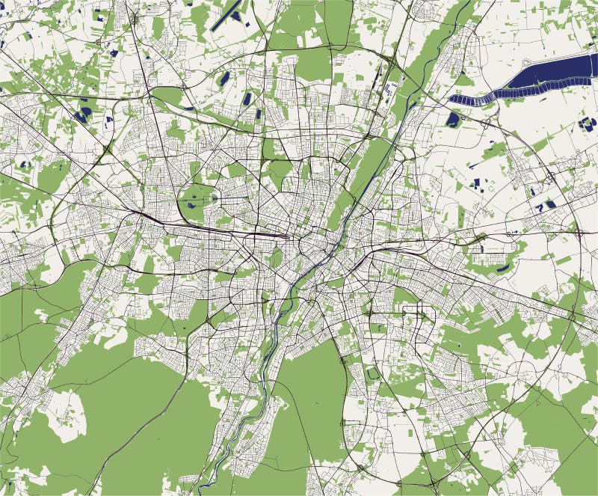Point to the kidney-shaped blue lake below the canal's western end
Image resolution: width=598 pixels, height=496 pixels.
pyautogui.click(x=453, y=118)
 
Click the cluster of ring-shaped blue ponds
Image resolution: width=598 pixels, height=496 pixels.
pyautogui.click(x=588, y=123)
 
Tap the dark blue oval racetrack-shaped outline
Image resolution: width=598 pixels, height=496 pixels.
pyautogui.click(x=373, y=372)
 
